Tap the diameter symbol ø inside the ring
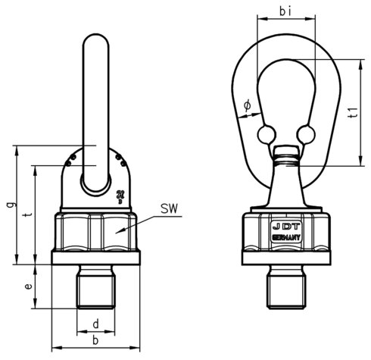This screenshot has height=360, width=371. click(x=247, y=108)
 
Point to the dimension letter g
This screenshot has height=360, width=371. click(x=8, y=205)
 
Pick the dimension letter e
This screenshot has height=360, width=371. click(x=28, y=287)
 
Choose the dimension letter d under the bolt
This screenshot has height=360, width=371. click(x=95, y=325)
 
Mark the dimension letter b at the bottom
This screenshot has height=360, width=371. click(x=95, y=343)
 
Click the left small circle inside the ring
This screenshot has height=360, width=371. click(x=264, y=134)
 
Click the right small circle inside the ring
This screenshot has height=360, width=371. click(x=305, y=134)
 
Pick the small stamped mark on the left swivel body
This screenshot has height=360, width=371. click(x=121, y=196)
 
